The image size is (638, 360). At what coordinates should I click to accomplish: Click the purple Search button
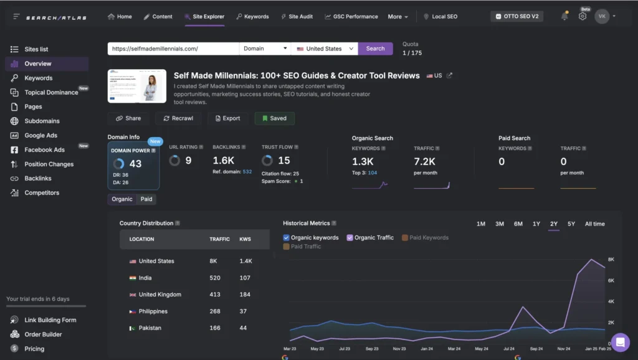tap(375, 49)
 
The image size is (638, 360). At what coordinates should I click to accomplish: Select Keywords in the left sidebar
tap(38, 78)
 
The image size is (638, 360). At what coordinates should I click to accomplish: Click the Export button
tap(227, 118)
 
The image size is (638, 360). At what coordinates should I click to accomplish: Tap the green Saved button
tap(275, 118)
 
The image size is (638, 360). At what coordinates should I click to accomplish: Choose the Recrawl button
tap(178, 118)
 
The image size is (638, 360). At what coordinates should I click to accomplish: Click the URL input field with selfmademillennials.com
tap(173, 49)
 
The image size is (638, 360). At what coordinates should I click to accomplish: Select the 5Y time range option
tap(571, 224)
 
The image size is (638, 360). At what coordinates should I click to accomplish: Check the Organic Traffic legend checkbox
tap(350, 237)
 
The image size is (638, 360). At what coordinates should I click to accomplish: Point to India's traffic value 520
tap(215, 278)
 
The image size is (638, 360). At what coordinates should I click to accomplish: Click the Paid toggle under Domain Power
tap(146, 199)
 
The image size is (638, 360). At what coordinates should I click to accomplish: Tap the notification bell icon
tap(564, 17)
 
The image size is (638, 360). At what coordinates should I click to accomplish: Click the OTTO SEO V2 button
tap(517, 17)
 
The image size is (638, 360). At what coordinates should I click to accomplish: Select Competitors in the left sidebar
tap(42, 193)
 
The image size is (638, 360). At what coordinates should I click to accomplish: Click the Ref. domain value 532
tap(247, 171)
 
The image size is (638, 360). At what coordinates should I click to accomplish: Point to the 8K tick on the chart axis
tap(611, 259)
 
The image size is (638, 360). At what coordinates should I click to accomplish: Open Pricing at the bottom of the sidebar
tap(34, 349)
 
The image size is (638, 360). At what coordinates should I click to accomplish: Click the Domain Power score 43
tap(135, 164)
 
